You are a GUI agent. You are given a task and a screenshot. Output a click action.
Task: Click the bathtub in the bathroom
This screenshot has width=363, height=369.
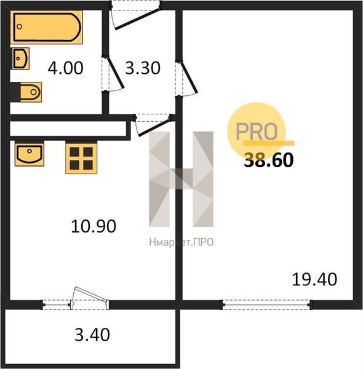tap(46, 27)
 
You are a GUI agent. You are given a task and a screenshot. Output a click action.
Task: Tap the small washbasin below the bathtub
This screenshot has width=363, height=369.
tap(21, 58)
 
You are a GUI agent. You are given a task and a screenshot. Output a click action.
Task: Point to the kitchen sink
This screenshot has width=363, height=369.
tap(30, 153)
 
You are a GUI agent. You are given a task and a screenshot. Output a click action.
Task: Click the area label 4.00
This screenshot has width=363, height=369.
tap(65, 68)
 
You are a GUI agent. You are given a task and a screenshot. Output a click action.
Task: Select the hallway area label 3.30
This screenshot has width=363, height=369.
tap(143, 68)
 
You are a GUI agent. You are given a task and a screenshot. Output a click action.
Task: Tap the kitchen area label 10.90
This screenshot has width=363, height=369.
tap(94, 226)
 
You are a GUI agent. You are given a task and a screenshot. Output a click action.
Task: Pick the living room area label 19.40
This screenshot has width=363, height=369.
tap(314, 279)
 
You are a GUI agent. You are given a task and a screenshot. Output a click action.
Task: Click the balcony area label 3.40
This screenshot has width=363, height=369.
tap(92, 335)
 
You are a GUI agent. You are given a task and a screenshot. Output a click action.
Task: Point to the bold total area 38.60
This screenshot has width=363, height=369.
tap(269, 160)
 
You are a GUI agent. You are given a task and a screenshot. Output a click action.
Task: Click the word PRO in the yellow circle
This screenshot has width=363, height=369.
tap(257, 132)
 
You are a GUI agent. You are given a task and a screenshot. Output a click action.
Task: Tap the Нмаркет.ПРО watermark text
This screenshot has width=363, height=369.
tap(181, 242)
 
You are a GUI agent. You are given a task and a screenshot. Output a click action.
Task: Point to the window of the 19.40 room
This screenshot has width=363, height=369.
tap(266, 305)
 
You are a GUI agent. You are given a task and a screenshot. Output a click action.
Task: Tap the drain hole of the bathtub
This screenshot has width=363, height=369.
tap(20, 26)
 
